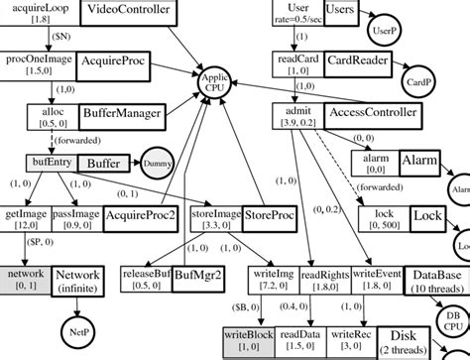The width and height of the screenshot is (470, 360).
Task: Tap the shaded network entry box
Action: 26,279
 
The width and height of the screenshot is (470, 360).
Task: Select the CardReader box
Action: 358,64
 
